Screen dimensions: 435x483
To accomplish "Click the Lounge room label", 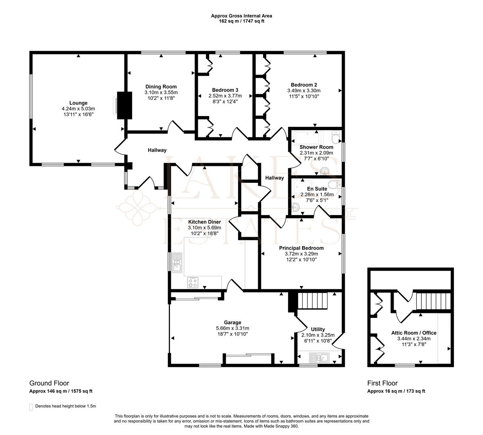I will tap(78, 103).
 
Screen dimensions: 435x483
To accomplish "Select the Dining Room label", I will tap(161, 87).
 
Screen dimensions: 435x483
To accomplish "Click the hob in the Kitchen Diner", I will tap(193, 283).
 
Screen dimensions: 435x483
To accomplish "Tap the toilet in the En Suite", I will tap(334, 184).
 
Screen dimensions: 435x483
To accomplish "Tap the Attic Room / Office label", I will tap(414, 333).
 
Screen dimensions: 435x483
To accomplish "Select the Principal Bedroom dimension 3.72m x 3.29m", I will tap(301, 254).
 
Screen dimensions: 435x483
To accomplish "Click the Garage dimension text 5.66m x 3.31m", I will tap(232, 328).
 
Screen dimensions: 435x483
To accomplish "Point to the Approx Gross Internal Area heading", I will tap(241, 16).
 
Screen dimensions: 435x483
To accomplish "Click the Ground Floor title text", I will tap(49, 383).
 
